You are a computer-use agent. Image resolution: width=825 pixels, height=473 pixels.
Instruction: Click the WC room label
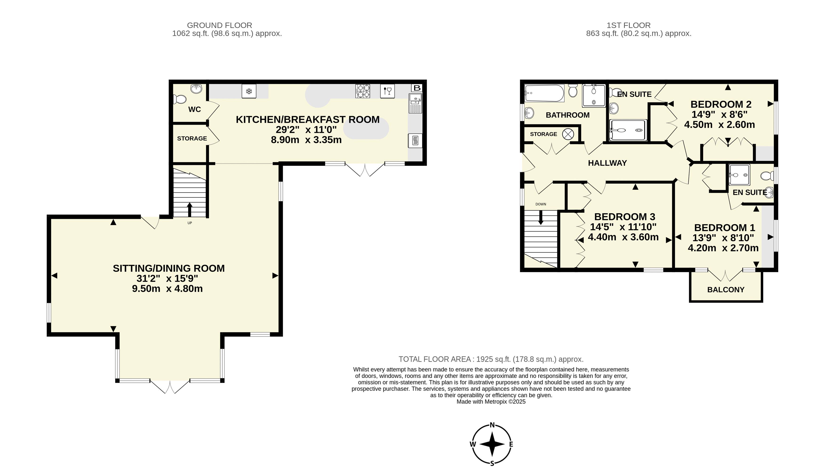click(195, 109)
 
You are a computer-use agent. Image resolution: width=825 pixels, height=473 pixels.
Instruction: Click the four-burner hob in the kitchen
click(363, 91)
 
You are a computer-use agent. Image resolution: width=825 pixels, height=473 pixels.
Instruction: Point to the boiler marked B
click(417, 88)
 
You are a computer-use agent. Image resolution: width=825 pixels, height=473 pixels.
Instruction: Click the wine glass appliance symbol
click(387, 91)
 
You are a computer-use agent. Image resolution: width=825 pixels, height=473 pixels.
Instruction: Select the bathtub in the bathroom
click(544, 94)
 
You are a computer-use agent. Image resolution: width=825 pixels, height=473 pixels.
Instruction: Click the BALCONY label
click(726, 289)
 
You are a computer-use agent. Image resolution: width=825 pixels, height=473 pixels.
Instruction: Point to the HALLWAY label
click(607, 163)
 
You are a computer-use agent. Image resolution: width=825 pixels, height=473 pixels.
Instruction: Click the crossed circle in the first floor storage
click(568, 134)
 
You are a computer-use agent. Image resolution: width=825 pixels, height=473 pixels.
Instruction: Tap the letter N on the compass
click(492, 425)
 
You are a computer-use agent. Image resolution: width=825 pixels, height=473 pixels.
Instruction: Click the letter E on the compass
click(511, 444)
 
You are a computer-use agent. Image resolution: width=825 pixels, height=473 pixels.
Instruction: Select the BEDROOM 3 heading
click(625, 217)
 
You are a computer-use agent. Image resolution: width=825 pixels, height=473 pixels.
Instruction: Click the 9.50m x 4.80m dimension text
click(167, 289)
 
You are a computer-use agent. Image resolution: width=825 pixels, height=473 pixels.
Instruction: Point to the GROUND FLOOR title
click(219, 25)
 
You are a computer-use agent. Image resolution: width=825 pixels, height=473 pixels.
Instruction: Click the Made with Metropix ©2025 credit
click(491, 402)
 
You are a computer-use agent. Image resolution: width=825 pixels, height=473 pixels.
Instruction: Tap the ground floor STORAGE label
click(192, 138)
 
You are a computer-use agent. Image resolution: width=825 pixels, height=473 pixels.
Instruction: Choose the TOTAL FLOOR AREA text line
click(491, 359)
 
